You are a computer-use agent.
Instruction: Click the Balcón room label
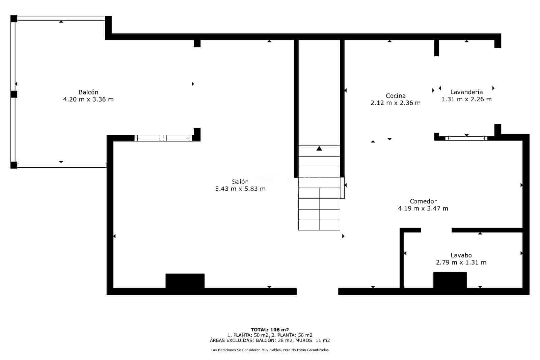click(x=88, y=92)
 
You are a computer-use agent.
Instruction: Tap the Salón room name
click(x=240, y=182)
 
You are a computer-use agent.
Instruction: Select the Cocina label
click(x=396, y=96)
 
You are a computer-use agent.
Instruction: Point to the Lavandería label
click(x=466, y=92)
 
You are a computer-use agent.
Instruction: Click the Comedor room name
click(x=423, y=201)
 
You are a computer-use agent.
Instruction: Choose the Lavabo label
click(x=461, y=255)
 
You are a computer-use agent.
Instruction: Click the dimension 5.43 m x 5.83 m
click(x=240, y=189)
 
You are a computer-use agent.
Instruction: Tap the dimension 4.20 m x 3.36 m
click(x=88, y=99)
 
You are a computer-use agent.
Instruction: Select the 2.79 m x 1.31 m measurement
click(x=461, y=262)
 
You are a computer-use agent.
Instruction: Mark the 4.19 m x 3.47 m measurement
click(x=423, y=209)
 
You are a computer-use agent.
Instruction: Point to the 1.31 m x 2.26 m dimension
click(x=466, y=99)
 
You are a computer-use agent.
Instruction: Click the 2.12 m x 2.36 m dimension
click(x=396, y=103)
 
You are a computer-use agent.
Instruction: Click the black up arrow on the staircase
click(x=319, y=148)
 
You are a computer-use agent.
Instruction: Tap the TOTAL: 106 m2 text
click(x=270, y=330)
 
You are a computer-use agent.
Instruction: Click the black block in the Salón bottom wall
click(x=185, y=281)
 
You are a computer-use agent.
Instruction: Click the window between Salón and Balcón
click(x=163, y=138)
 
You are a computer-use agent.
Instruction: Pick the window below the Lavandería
click(x=466, y=138)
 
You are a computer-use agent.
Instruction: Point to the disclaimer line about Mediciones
click(x=270, y=350)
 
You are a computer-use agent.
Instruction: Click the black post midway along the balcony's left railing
click(x=14, y=94)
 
